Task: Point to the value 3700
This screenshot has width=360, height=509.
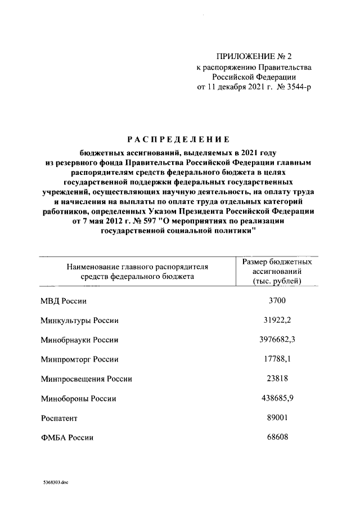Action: coord(277,301)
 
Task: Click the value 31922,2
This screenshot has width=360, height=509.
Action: coord(277,320)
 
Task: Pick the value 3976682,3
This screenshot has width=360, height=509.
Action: coord(277,340)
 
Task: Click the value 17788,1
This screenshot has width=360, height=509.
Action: coord(277,359)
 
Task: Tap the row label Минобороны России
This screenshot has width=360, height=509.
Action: coord(78,399)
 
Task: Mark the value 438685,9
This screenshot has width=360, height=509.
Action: coord(277,398)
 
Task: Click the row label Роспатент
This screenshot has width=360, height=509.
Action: coord(59,418)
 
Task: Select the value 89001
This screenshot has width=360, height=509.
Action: coord(277,418)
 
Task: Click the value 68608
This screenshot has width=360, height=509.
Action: coord(277,437)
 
